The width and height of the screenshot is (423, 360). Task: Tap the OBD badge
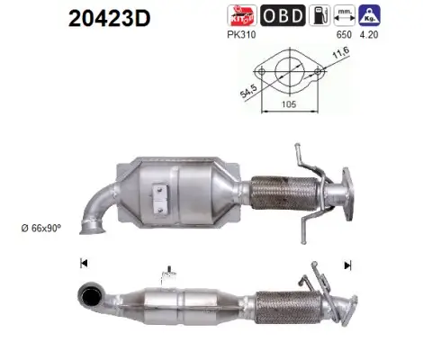click(283, 16)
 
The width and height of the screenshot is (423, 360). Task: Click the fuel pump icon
click(319, 16)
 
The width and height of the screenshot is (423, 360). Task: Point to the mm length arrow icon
click(343, 16)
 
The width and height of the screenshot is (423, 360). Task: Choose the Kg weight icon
click(367, 16)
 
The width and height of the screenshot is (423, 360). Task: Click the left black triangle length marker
click(83, 264)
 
